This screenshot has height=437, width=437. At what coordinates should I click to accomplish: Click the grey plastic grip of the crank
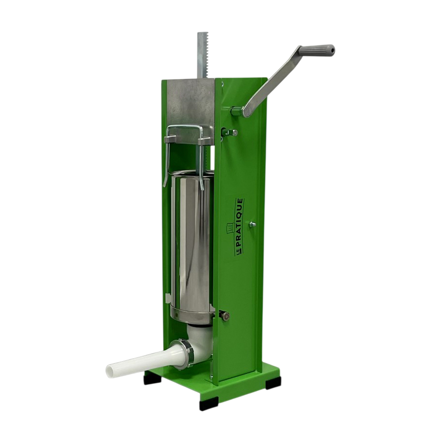click(316, 50)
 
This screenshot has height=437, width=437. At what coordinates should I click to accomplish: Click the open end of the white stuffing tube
click(110, 370)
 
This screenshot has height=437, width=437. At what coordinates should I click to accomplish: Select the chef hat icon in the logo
click(229, 228)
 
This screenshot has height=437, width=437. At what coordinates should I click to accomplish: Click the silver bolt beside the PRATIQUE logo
click(252, 224)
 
